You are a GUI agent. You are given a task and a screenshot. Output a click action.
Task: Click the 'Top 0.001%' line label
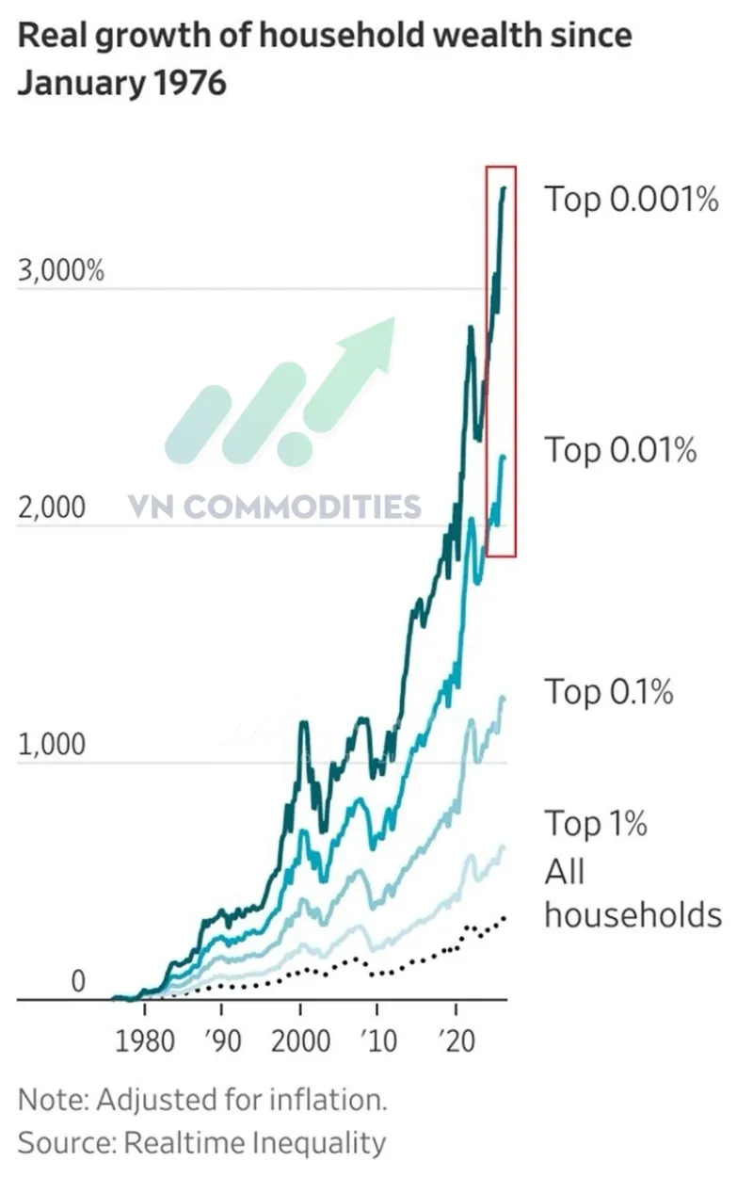click(x=632, y=199)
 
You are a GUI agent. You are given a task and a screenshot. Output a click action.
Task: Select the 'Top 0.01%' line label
click(x=621, y=449)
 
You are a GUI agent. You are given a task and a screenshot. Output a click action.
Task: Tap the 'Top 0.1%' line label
click(x=609, y=692)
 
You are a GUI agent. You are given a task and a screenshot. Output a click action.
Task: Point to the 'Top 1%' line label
click(x=596, y=824)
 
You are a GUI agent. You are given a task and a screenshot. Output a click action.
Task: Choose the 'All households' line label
click(x=633, y=893)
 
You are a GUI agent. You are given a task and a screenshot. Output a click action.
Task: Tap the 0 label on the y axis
click(x=78, y=981)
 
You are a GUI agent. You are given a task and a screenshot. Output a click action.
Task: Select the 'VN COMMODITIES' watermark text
click(x=275, y=507)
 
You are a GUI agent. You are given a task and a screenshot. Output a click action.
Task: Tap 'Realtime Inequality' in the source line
click(x=255, y=1142)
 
